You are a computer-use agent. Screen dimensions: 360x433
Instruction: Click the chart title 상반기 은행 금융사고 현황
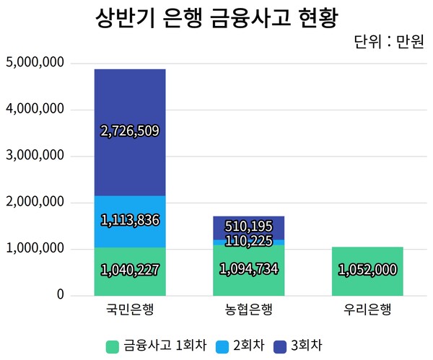click(x=216, y=18)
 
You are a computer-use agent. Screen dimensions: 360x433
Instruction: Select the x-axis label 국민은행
click(x=130, y=311)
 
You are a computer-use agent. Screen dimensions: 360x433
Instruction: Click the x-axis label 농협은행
click(x=249, y=311)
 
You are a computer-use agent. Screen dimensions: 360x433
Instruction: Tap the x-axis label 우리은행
click(x=367, y=311)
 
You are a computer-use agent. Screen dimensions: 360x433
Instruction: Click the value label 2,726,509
click(x=130, y=131)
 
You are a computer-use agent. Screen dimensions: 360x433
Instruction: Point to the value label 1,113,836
click(x=130, y=220)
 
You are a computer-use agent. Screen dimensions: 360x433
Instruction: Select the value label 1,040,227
click(x=130, y=270)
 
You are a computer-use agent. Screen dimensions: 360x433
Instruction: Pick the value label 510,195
click(x=249, y=227)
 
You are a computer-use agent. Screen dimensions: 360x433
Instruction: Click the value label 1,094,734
click(x=249, y=269)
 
